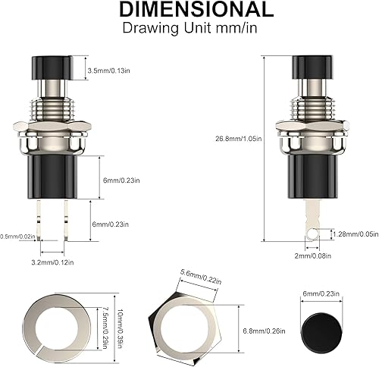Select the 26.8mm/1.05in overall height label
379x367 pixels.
pyautogui.click(x=238, y=138)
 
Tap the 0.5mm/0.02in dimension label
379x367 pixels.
pyautogui.click(x=16, y=237)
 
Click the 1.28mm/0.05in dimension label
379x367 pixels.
pyautogui.click(x=356, y=234)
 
